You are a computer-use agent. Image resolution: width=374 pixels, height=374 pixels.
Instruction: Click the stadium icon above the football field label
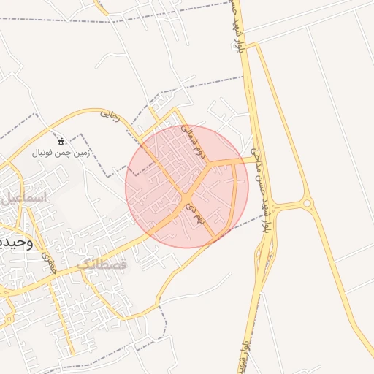pos(61,140)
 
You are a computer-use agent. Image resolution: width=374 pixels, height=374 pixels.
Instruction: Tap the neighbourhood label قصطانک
pos(100,264)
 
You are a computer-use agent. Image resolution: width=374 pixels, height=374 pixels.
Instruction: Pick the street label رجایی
pos(108,114)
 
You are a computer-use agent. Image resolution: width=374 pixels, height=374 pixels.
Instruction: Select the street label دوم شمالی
pos(192,141)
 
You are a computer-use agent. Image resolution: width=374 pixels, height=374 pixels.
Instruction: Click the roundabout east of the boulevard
pos(308,203)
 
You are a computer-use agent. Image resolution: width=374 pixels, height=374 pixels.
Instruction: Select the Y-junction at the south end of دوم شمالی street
pos(210,162)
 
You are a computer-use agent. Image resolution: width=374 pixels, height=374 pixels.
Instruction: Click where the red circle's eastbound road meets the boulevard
pos(256,159)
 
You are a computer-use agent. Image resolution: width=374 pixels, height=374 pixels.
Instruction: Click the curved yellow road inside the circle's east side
pos(235,194)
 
